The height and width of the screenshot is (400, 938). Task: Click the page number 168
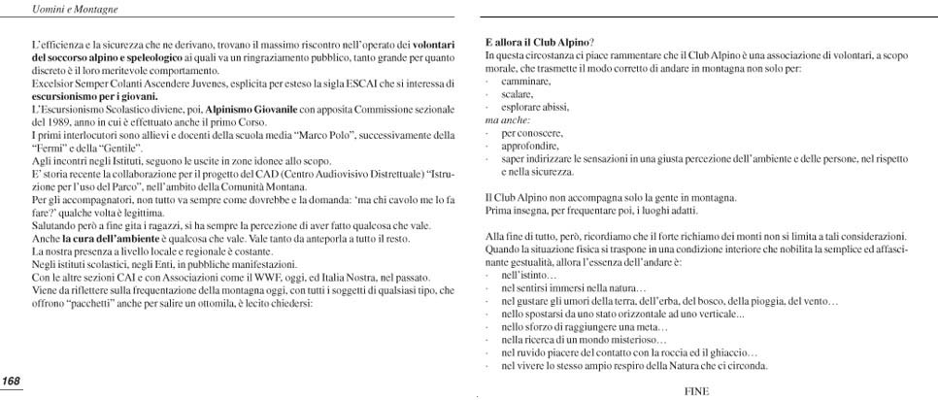12,380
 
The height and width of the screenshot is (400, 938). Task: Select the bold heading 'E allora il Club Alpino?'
539,44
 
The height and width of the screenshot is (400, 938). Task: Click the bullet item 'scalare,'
517,94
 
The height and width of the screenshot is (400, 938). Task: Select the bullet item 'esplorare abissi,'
534,107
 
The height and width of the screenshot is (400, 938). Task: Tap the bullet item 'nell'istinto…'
521,276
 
